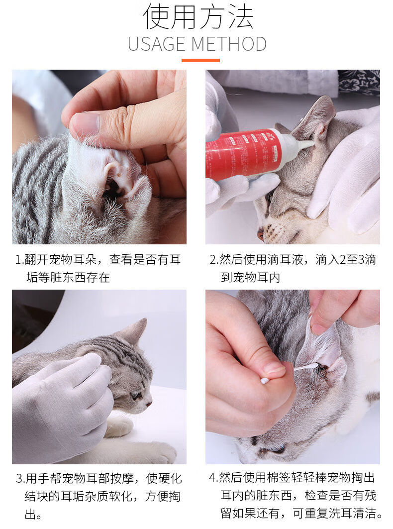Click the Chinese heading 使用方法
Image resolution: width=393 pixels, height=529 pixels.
[x=198, y=17]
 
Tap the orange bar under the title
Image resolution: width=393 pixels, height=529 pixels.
[x=200, y=60]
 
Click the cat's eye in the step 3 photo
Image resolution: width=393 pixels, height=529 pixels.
[x=137, y=395]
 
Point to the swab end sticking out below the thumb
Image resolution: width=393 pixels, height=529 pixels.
[x=265, y=381]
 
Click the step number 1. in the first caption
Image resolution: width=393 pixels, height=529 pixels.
[x=19, y=260]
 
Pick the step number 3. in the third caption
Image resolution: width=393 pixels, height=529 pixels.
[x=20, y=479]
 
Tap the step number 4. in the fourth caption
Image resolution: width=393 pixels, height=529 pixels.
[x=214, y=478]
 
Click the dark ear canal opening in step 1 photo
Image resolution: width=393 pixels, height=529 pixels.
[x=111, y=189]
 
